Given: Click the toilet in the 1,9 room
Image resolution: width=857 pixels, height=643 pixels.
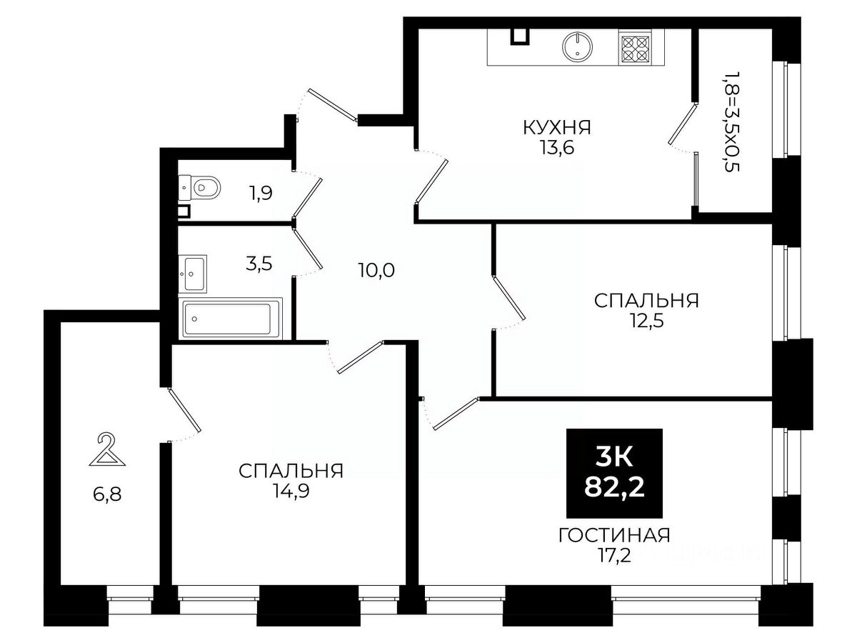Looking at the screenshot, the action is pos(199,187).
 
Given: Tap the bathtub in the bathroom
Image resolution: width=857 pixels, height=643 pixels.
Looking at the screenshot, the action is pos(231,319).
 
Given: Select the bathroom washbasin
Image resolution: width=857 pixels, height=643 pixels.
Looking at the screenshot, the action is pos(193,274).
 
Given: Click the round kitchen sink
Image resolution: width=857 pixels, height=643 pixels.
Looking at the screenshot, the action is pos(577,46).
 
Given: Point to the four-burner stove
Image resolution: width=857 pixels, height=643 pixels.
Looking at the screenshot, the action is pos(634,49).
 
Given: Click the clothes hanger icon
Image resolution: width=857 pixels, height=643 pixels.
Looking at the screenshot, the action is pos(107,449).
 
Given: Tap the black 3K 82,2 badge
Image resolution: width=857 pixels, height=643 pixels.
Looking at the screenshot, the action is pos(614,474).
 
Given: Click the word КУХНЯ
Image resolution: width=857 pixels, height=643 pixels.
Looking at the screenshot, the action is pos(557,128).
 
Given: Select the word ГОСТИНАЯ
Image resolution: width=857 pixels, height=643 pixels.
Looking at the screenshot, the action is pos(614,535).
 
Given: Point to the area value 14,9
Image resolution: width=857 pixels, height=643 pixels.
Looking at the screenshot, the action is pos(291,491).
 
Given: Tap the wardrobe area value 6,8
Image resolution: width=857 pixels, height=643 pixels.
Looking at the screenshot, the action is pos(107,494).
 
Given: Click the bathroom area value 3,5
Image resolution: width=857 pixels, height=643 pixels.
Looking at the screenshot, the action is pos(259,264).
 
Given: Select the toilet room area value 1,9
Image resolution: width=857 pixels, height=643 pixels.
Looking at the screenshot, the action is pos(261,193).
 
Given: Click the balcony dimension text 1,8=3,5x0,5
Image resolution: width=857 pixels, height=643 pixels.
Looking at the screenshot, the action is pos(729,121).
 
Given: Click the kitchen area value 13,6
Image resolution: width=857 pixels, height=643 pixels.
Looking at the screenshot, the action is pos(557,148).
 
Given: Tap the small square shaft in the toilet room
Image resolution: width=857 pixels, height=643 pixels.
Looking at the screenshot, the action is pos(184,211).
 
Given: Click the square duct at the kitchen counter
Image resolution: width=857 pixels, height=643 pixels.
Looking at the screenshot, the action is pos(520,36).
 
